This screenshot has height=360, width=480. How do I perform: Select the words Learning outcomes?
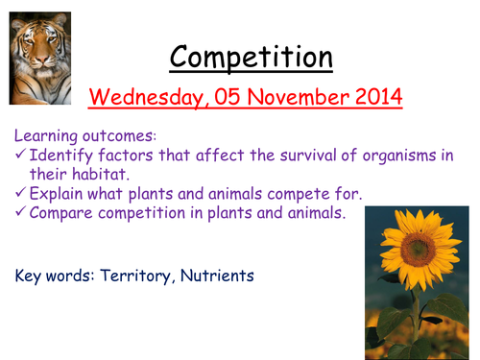point(77,138)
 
